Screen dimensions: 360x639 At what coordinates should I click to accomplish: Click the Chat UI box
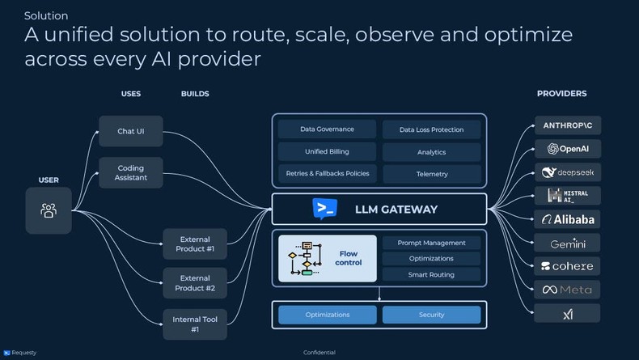131,131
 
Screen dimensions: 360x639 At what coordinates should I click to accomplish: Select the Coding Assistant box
131,172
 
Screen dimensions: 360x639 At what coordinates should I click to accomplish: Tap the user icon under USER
49,210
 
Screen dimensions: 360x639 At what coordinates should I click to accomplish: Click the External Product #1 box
195,244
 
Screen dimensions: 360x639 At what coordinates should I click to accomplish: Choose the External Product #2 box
195,283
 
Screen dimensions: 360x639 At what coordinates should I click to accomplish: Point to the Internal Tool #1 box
195,324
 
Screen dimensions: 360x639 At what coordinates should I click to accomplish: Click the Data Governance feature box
327,129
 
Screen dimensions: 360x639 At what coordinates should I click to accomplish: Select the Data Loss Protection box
431,129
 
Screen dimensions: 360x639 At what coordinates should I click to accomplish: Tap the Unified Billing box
327,151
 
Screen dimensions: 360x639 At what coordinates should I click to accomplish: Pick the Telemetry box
431,173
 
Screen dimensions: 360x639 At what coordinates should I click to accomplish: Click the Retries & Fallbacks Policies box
327,173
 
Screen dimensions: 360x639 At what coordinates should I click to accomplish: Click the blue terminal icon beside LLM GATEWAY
324,209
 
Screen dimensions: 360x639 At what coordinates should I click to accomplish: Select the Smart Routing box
431,274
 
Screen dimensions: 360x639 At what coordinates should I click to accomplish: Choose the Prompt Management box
431,243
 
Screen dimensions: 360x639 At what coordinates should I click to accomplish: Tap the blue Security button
431,315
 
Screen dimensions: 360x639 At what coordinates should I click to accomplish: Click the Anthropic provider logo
567,125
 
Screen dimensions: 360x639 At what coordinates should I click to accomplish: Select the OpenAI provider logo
567,149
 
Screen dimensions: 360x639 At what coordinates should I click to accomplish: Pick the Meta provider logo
567,290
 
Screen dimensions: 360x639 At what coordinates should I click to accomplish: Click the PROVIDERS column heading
561,94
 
